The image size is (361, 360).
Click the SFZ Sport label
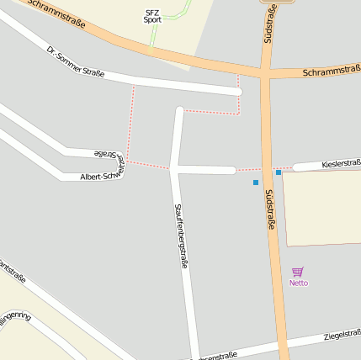click(x=152, y=15)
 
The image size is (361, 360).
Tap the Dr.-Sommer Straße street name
click(x=76, y=62)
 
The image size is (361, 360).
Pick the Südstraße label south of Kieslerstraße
click(x=271, y=209)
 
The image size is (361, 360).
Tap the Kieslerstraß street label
click(x=341, y=163)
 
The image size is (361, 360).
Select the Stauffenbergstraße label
click(x=180, y=236)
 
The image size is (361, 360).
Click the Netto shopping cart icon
click(x=297, y=272)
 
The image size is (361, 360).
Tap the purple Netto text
click(x=299, y=283)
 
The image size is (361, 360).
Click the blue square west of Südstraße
click(x=256, y=183)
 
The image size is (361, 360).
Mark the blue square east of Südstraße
click(x=279, y=172)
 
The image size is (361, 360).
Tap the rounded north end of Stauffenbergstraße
click(x=179, y=110)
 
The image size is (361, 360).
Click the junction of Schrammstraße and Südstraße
click(x=266, y=73)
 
